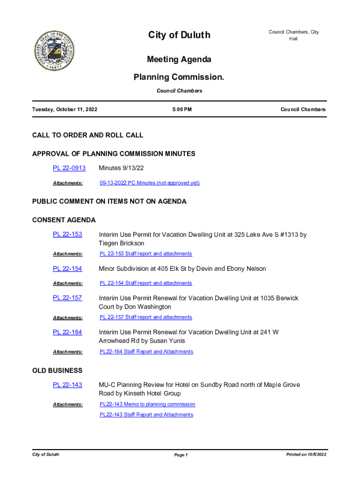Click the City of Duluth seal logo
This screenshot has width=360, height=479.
coord(55,51)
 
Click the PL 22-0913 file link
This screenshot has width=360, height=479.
coord(69,168)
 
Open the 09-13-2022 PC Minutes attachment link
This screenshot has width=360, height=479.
coord(150,183)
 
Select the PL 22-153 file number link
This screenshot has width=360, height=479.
coord(67,234)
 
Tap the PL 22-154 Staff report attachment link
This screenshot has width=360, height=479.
coord(145,283)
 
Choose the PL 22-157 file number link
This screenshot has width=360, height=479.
coord(67,298)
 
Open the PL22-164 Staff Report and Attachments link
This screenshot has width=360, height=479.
coord(146,351)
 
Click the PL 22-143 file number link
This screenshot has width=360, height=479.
coord(67,385)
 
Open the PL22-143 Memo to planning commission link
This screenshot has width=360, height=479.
coord(147,404)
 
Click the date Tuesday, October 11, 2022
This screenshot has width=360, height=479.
coord(65,109)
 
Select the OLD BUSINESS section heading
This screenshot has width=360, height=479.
coord(57,370)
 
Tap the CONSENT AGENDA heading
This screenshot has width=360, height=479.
coord(64,220)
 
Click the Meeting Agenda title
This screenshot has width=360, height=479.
coord(179,59)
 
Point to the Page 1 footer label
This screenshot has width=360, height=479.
coord(180,455)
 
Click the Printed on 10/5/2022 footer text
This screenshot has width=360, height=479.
coord(306,455)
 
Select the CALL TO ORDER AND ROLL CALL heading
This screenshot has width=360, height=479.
coord(87,135)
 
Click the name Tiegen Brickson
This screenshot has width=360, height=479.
coord(122,243)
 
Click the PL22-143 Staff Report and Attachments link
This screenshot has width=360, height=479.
coord(146,414)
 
